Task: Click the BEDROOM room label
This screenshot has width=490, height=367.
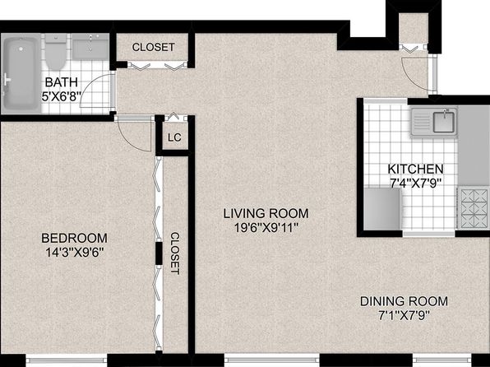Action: pyautogui.click(x=74, y=238)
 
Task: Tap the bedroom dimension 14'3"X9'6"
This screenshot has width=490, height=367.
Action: pyautogui.click(x=74, y=252)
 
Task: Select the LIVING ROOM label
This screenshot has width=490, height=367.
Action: pyautogui.click(x=266, y=213)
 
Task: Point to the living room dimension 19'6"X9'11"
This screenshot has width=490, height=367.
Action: pyautogui.click(x=266, y=228)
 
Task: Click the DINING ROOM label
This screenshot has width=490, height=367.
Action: pyautogui.click(x=404, y=301)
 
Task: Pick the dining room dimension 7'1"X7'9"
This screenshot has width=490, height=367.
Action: pyautogui.click(x=404, y=315)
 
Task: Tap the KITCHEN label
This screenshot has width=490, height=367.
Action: pyautogui.click(x=415, y=169)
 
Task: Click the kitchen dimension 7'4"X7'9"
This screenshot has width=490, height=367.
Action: pyautogui.click(x=415, y=183)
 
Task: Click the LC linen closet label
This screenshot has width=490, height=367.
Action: pyautogui.click(x=174, y=137)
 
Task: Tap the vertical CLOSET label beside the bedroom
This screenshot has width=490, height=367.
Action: pyautogui.click(x=175, y=253)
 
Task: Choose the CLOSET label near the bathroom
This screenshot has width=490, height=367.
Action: pyautogui.click(x=153, y=47)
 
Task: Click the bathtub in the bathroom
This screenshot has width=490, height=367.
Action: pyautogui.click(x=21, y=74)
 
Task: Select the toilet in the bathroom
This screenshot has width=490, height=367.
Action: pyautogui.click(x=56, y=52)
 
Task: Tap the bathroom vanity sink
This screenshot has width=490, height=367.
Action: pyautogui.click(x=90, y=47)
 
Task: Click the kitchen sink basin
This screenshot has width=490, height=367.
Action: pyautogui.click(x=443, y=122)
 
